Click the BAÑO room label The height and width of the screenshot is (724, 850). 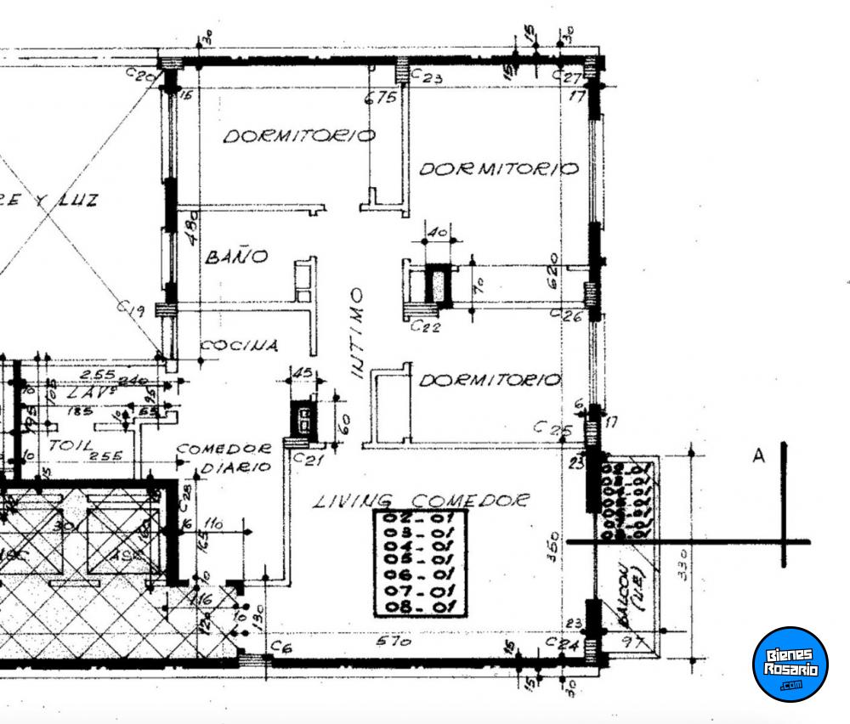(237, 256)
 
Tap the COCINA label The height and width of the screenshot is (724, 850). (239, 346)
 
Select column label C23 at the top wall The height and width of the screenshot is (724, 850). (427, 77)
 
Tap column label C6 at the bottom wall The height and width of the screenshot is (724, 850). (281, 648)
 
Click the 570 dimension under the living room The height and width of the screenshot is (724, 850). (395, 642)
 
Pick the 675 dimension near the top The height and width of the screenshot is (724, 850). (381, 99)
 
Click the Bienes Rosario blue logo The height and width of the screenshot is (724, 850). (790, 664)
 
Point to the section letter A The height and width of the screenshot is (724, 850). (758, 457)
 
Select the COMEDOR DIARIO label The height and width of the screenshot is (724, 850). (224, 457)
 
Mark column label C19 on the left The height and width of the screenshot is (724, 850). (129, 311)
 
